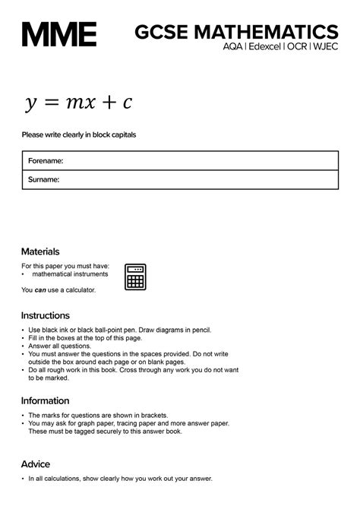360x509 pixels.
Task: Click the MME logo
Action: [59, 35]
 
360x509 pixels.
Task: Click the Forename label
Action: [46, 161]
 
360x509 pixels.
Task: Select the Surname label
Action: [44, 180]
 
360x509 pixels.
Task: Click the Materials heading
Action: [40, 251]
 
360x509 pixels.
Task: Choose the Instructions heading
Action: [46, 315]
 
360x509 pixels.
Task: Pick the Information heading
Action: [46, 400]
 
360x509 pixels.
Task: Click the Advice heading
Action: [36, 464]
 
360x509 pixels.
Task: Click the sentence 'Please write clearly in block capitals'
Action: [78, 135]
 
